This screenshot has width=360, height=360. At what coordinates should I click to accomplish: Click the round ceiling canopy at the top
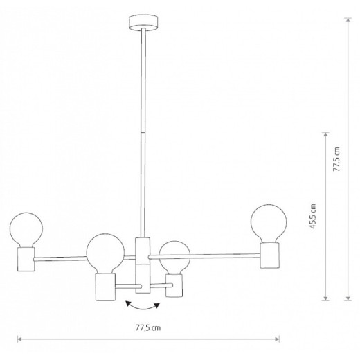pyautogui.click(x=143, y=23)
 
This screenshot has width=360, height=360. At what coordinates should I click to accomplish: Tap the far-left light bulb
pyautogui.click(x=26, y=230)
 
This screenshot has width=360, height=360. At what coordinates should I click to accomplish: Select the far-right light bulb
pyautogui.click(x=269, y=224)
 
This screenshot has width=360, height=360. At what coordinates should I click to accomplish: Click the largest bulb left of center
pyautogui.click(x=105, y=253)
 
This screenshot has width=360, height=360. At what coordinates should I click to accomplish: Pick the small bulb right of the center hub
pyautogui.click(x=174, y=258)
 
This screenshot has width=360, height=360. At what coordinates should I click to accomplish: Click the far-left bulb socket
pyautogui.click(x=26, y=259)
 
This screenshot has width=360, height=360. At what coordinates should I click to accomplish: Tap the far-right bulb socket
pyautogui.click(x=269, y=255)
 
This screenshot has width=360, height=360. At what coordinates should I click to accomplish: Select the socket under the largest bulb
pyautogui.click(x=105, y=287)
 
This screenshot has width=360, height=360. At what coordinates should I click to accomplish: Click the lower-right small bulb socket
pyautogui.click(x=174, y=285)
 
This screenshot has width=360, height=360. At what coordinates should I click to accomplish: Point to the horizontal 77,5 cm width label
pyautogui.click(x=148, y=328)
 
